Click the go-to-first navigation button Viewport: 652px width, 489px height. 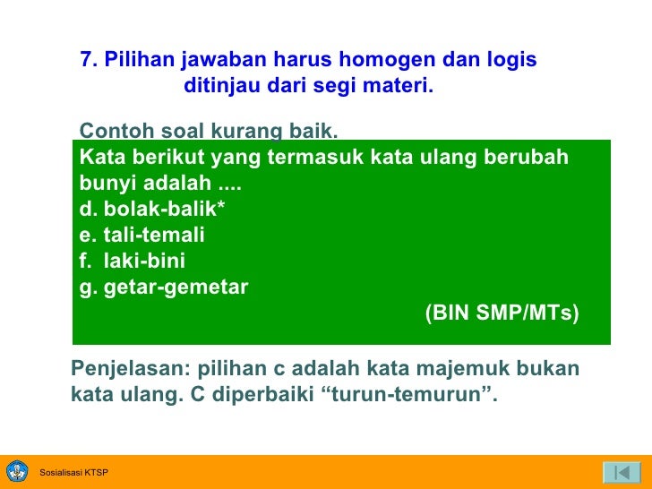click(x=621, y=472)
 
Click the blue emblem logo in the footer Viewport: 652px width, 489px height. click(x=17, y=472)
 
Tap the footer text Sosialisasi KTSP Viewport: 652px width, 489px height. click(x=73, y=473)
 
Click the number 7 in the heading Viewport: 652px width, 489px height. click(x=86, y=60)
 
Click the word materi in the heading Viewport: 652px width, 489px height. click(x=399, y=87)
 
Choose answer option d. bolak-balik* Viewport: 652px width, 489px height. click(x=152, y=210)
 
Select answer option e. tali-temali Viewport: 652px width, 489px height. click(x=142, y=236)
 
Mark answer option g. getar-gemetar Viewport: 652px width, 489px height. click(x=164, y=288)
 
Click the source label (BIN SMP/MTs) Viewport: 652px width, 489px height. click(x=502, y=313)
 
